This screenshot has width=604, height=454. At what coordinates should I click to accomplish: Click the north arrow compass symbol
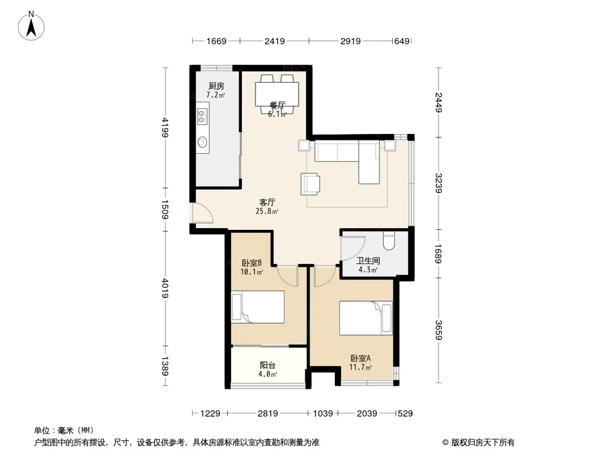pyautogui.click(x=31, y=26)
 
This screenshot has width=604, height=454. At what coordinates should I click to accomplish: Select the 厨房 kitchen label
pyautogui.click(x=216, y=86)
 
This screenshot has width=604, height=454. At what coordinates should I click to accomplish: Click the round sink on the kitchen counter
pyautogui.click(x=202, y=142)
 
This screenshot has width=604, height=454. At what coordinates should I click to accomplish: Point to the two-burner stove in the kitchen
pyautogui.click(x=202, y=116)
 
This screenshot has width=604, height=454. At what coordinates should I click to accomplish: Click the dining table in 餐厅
pyautogui.click(x=277, y=95)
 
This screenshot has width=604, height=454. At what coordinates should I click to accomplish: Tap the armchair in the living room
pyautogui.click(x=310, y=184)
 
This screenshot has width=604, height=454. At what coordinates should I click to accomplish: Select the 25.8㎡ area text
pyautogui.click(x=267, y=211)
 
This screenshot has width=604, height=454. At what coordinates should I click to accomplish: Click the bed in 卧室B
pyautogui.click(x=258, y=307)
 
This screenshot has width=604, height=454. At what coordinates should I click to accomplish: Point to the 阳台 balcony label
pyautogui.click(x=267, y=365)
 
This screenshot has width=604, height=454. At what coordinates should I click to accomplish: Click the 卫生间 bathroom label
pyautogui.click(x=368, y=260)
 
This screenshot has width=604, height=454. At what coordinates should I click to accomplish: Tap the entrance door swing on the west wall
pyautogui.click(x=203, y=213)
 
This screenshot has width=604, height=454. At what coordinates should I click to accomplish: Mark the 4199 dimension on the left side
pyautogui.click(x=165, y=127)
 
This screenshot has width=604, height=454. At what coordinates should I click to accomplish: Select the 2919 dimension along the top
pyautogui.click(x=351, y=41)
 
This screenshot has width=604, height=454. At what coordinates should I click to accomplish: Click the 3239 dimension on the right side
pyautogui.click(x=439, y=183)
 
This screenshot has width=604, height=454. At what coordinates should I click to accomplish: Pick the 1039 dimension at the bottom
pyautogui.click(x=323, y=414)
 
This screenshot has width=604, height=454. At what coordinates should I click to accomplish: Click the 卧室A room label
pyautogui.click(x=360, y=358)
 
